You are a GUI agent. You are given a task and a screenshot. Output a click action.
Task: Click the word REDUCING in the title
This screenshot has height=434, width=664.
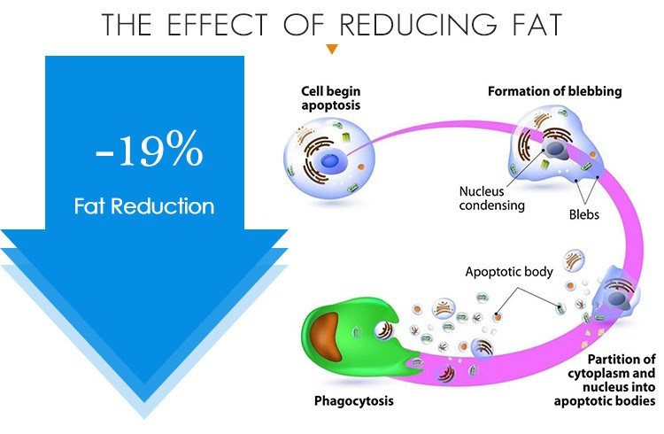(x=418, y=24)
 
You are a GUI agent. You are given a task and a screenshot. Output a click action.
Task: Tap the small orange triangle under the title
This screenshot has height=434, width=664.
(x=332, y=50)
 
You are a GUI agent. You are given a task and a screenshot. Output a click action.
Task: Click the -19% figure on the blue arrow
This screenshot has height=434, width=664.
(x=149, y=148)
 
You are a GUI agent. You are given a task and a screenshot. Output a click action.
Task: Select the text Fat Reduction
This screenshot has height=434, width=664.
(x=144, y=206)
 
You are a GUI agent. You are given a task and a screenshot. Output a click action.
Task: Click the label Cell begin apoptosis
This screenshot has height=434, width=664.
(x=331, y=98)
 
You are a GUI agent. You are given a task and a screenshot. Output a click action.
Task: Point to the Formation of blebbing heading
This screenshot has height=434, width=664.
(x=555, y=91)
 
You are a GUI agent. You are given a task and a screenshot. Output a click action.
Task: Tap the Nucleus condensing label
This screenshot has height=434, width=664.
(x=491, y=198)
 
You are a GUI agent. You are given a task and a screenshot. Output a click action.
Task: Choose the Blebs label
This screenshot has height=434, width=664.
(x=584, y=214)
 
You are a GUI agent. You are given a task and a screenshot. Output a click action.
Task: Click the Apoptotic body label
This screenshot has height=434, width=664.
(x=509, y=272)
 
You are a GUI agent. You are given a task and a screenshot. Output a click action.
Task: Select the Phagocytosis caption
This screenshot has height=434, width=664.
(x=353, y=401)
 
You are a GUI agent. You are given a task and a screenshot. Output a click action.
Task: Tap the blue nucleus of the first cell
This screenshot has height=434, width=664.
(x=329, y=162)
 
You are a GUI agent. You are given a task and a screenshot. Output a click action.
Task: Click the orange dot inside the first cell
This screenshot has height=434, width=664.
(x=361, y=167)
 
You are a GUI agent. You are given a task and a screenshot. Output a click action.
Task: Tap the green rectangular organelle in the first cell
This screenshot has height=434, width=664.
(x=346, y=138)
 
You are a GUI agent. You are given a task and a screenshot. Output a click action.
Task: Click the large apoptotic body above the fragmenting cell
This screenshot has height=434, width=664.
(x=574, y=260)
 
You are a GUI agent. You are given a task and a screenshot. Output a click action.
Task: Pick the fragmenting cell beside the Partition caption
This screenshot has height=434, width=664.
(x=614, y=294)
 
